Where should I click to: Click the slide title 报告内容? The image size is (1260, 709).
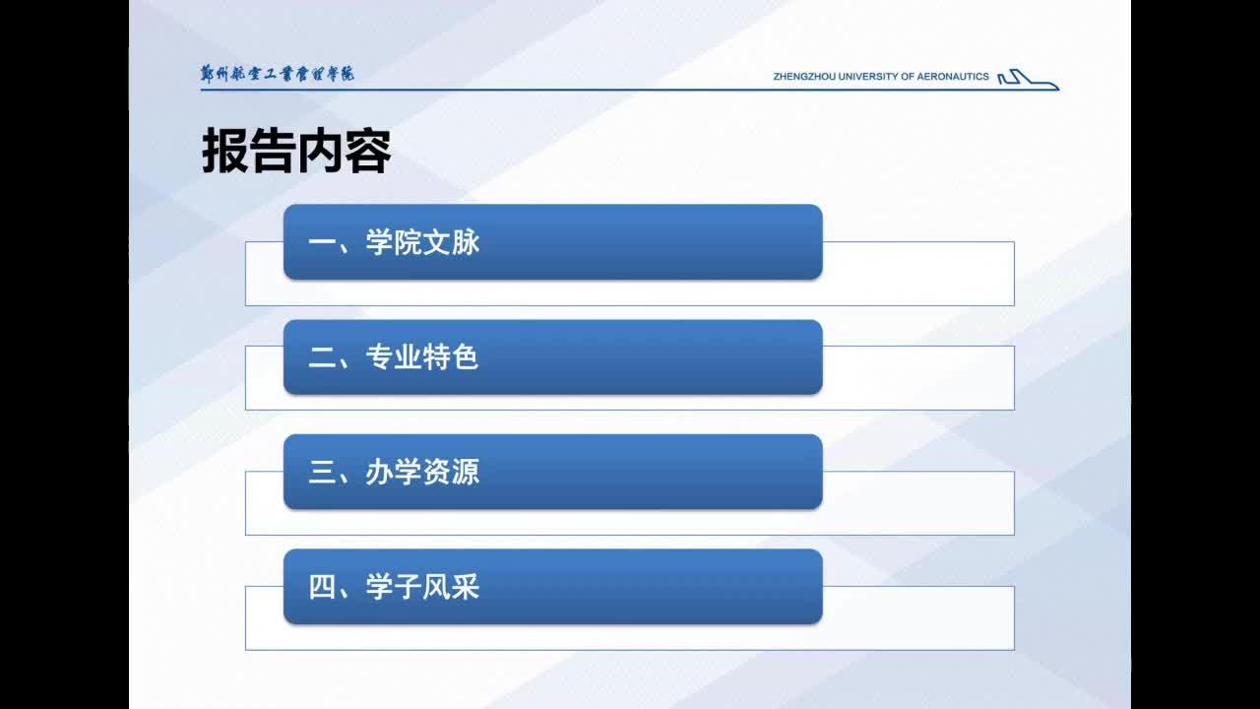click(x=296, y=151)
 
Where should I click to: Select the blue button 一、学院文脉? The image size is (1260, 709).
click(x=553, y=242)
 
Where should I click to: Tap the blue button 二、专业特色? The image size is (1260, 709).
click(x=553, y=356)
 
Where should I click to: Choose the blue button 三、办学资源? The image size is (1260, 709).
click(x=553, y=472)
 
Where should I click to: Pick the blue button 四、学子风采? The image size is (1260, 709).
click(x=553, y=586)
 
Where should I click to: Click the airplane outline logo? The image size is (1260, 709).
click(x=1029, y=80)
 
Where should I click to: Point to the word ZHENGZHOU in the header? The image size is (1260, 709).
click(x=804, y=77)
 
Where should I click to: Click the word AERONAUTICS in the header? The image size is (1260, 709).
click(x=953, y=77)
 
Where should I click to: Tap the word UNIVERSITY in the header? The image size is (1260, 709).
click(x=868, y=77)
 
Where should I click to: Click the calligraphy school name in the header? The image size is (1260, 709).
click(x=278, y=74)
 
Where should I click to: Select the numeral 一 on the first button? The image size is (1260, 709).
click(x=322, y=242)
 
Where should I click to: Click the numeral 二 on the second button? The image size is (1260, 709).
click(x=322, y=357)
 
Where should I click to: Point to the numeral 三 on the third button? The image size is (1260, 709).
click(x=322, y=472)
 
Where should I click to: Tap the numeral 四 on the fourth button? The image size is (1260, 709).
click(x=322, y=587)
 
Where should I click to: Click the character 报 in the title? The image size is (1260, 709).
click(x=225, y=151)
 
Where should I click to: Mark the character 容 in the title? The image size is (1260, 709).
click(x=368, y=151)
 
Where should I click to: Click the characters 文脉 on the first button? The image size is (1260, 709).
click(x=451, y=242)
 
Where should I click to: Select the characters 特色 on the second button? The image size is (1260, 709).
click(x=451, y=357)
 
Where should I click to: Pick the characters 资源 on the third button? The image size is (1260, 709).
click(x=451, y=472)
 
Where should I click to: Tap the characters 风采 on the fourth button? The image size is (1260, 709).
click(x=451, y=587)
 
